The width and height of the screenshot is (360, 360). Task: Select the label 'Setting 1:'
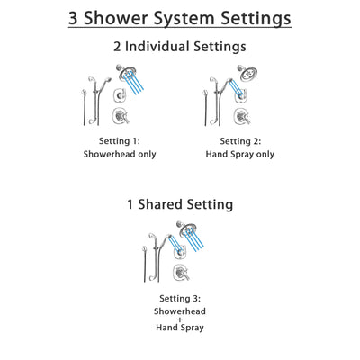point(119,140)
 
